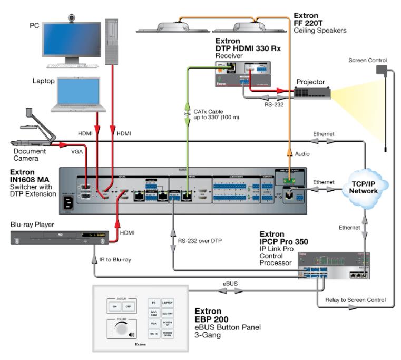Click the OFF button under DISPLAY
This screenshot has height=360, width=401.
pyautogui.click(x=126, y=306)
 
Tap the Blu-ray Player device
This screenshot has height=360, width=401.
pyautogui.click(x=61, y=235)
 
